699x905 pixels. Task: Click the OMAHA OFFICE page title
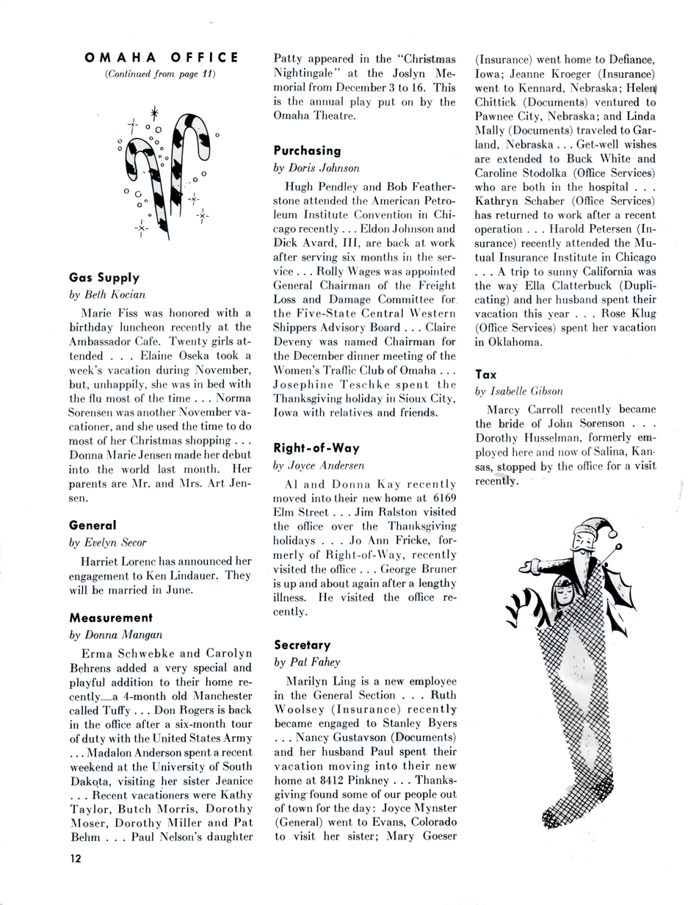(161, 57)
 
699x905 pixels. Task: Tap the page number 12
(77, 858)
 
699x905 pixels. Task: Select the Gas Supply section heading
(104, 278)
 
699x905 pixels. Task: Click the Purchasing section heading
(307, 151)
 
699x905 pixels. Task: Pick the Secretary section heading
(302, 644)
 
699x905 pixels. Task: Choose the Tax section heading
(485, 374)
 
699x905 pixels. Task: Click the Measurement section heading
(111, 617)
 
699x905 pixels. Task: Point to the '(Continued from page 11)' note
(161, 74)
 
